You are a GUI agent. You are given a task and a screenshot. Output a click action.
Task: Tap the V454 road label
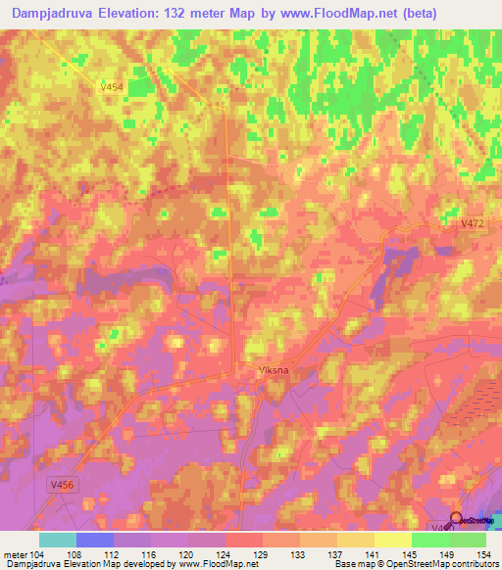pos(111,87)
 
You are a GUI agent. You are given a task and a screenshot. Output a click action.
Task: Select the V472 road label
pos(473,225)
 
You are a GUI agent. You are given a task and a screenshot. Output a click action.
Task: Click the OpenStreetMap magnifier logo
pos(457,519)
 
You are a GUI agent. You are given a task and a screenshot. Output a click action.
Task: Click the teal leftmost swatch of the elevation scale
pos(57,539)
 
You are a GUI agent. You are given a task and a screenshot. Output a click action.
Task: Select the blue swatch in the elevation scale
pos(94,539)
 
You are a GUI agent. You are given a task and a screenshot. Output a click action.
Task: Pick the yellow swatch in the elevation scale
pos(392,539)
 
